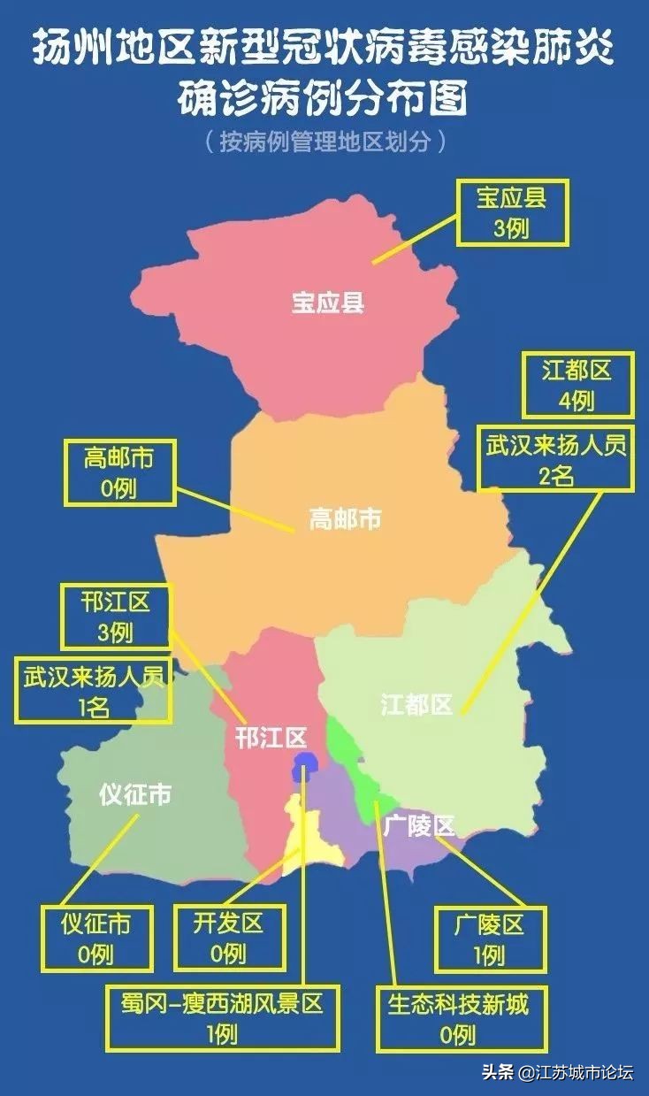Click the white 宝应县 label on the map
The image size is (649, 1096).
328,303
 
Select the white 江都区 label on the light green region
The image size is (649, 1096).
416,704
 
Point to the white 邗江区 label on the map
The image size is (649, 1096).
271,737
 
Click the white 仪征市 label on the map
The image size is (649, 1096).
134,794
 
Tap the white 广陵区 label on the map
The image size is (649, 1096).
419,825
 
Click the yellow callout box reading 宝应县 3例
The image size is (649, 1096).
512,212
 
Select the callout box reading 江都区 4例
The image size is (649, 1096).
577,385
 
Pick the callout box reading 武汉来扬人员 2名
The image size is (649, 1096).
556,460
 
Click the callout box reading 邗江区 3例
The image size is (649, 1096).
116,617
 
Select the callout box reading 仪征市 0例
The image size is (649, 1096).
95,938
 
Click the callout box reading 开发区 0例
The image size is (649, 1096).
228,938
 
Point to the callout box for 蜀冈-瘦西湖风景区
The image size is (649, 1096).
222,1018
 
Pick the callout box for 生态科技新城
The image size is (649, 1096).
458,1018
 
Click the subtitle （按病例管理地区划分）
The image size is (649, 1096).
324,141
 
